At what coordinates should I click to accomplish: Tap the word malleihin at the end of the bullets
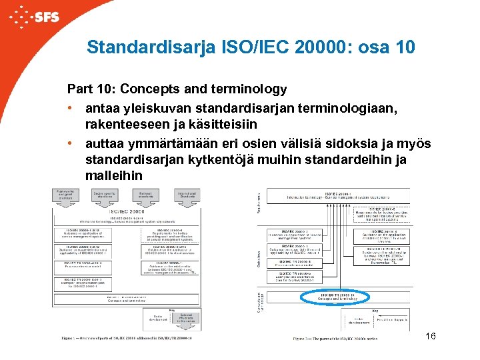[113, 176]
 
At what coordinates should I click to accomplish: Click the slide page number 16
[430, 336]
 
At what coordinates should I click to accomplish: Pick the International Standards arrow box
[186, 195]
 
